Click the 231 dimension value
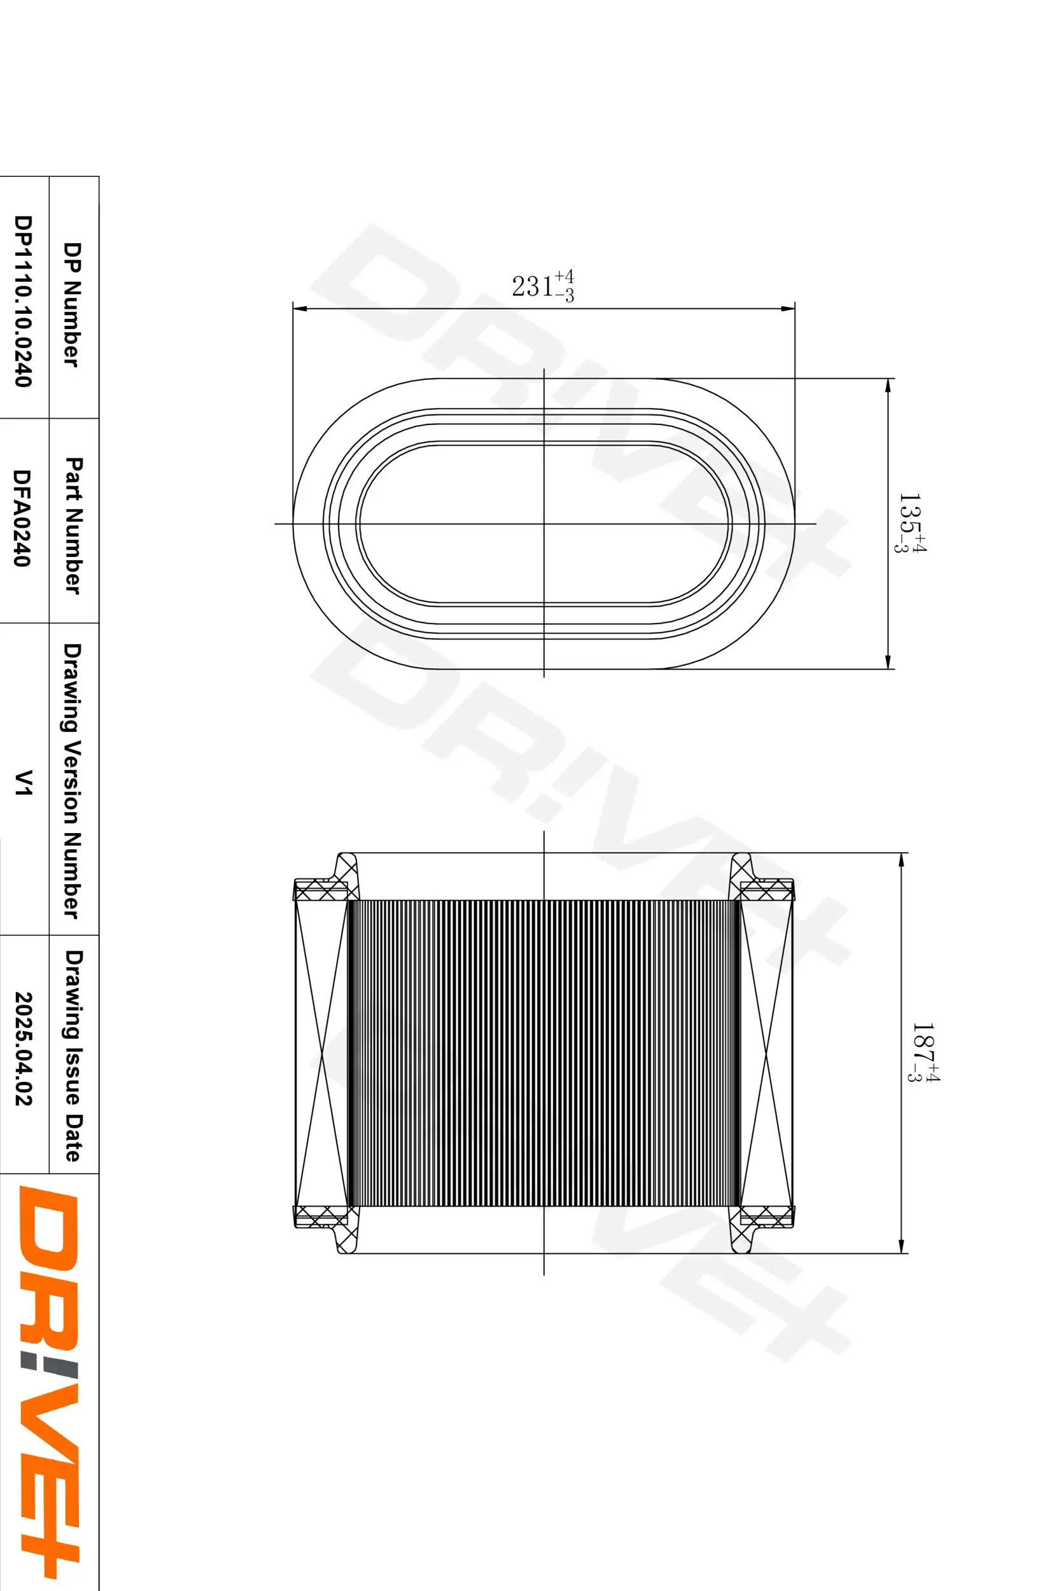[532, 287]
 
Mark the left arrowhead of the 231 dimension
[298, 309]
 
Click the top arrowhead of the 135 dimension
[888, 385]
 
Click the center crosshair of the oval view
[544, 523]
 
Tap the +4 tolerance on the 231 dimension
[565, 277]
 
